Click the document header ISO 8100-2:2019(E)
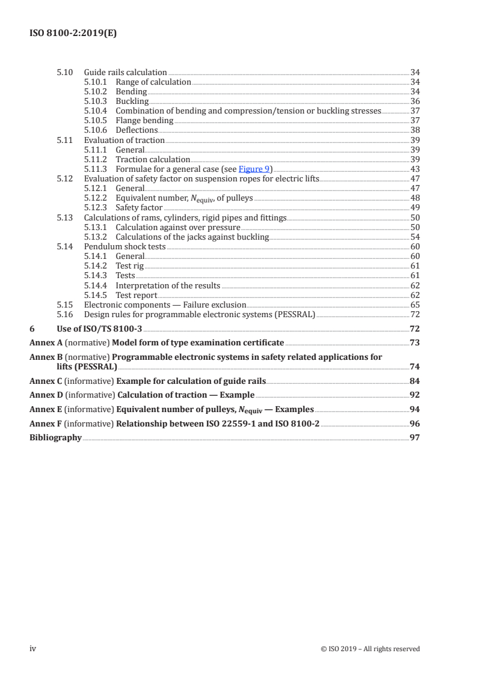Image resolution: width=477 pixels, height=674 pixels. point(73,34)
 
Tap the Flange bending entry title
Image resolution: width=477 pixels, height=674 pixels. point(136,121)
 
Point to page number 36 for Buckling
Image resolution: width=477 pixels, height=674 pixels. point(414,102)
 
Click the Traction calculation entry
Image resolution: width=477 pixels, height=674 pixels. point(153,160)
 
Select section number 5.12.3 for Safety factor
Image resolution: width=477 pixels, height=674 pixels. point(96,208)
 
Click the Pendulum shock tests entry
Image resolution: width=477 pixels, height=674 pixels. point(125,247)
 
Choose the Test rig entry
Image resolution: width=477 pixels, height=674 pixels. point(129,266)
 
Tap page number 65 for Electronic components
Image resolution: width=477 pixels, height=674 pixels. point(414,305)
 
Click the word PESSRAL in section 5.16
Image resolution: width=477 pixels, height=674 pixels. point(294,314)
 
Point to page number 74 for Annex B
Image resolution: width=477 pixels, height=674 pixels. point(414,366)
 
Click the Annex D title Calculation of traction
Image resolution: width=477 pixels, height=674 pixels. point(186,395)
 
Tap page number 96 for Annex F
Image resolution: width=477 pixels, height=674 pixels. point(414,424)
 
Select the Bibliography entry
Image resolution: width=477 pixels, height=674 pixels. point(55,438)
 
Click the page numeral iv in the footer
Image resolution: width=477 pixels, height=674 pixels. point(33,649)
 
